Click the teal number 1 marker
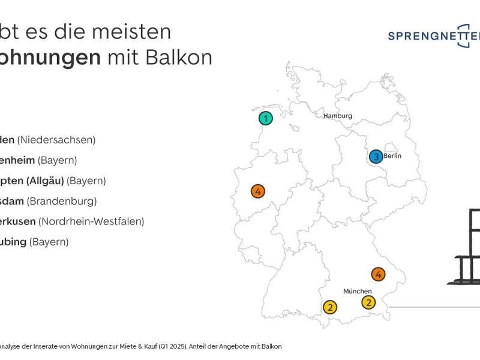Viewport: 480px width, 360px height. click(x=266, y=118)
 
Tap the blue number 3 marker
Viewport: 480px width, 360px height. click(x=376, y=157)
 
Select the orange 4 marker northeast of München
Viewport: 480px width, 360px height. click(x=378, y=274)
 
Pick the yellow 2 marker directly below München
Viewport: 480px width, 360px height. click(x=368, y=302)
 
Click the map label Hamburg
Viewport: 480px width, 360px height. click(x=338, y=116)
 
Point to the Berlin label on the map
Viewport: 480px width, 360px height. click(x=392, y=156)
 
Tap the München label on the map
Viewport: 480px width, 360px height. click(x=357, y=291)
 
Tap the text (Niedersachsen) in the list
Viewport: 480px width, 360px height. click(x=56, y=140)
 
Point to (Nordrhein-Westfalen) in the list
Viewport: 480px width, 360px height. click(x=91, y=221)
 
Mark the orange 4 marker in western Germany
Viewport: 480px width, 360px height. click(x=258, y=191)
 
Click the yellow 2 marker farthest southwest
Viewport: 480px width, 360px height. click(x=330, y=307)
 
